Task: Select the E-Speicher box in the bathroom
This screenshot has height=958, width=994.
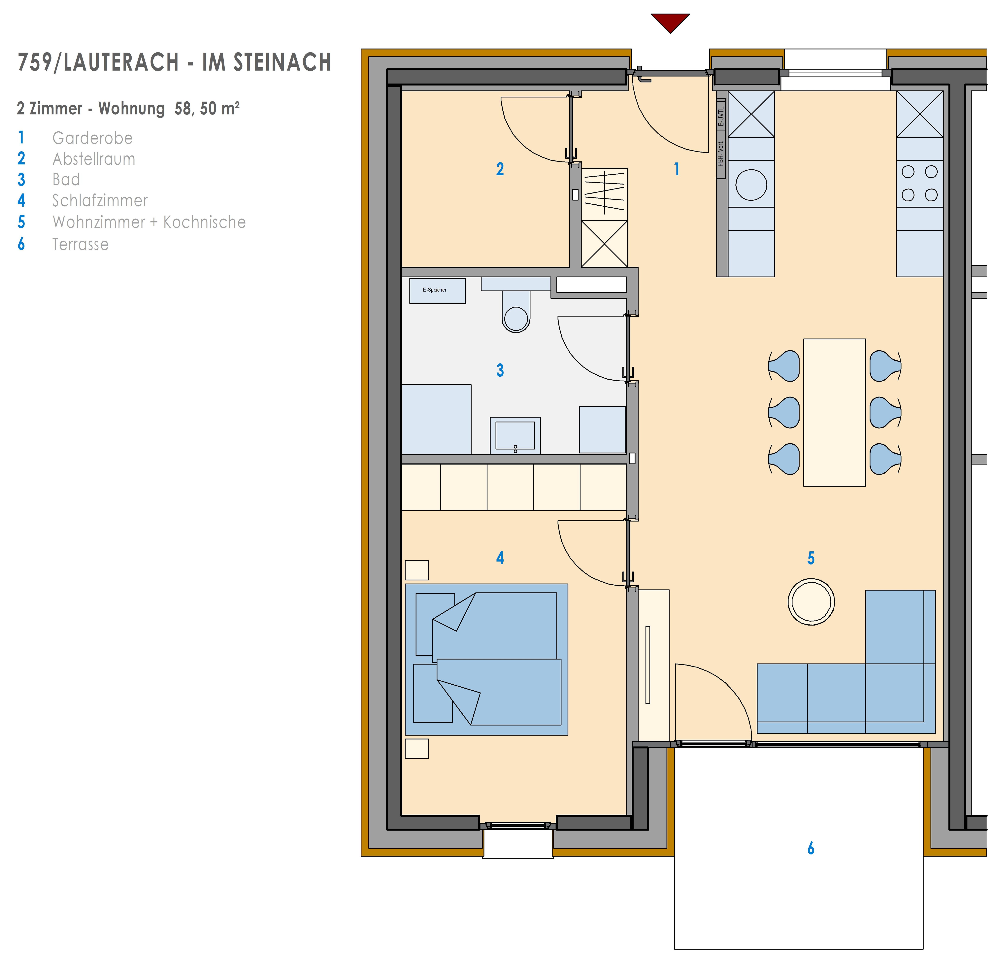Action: point(437,291)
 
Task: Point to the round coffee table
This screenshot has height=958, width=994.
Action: point(811,602)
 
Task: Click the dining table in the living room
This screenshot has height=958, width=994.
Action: point(834,412)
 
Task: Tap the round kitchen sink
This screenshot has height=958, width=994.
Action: point(751,185)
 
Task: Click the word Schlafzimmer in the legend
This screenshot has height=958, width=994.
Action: point(100,200)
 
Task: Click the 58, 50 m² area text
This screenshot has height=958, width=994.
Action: point(207,108)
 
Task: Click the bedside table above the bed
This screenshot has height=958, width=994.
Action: point(417,570)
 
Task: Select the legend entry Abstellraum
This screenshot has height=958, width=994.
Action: point(94,159)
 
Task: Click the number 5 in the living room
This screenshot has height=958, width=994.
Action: point(811,558)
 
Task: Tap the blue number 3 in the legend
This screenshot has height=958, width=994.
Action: point(21,180)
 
